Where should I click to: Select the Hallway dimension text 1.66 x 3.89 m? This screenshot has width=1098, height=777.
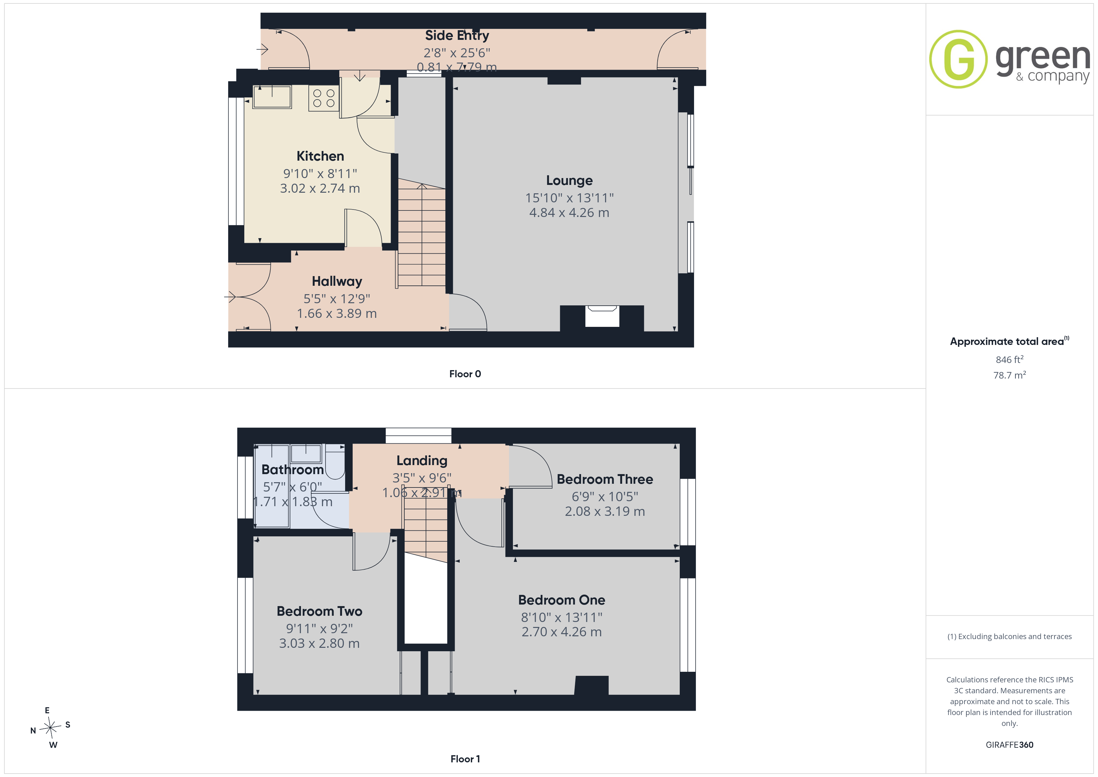pyautogui.click(x=337, y=313)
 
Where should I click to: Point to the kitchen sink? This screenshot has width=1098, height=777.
pyautogui.click(x=272, y=97)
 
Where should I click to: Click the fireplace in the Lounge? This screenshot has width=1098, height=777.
pyautogui.click(x=602, y=317)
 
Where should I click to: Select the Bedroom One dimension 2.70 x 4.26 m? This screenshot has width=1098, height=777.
pyautogui.click(x=561, y=632)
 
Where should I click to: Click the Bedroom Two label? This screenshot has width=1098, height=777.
pyautogui.click(x=319, y=611)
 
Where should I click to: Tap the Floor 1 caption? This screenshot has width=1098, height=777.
pyautogui.click(x=465, y=759)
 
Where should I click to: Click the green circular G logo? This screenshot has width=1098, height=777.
pyautogui.click(x=958, y=59)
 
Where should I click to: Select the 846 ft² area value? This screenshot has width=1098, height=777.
pyautogui.click(x=1010, y=359)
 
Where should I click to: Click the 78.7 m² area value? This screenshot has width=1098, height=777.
pyautogui.click(x=1010, y=375)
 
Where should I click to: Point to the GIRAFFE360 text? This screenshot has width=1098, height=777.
pyautogui.click(x=1010, y=745)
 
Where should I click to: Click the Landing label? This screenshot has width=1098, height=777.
pyautogui.click(x=422, y=461)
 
